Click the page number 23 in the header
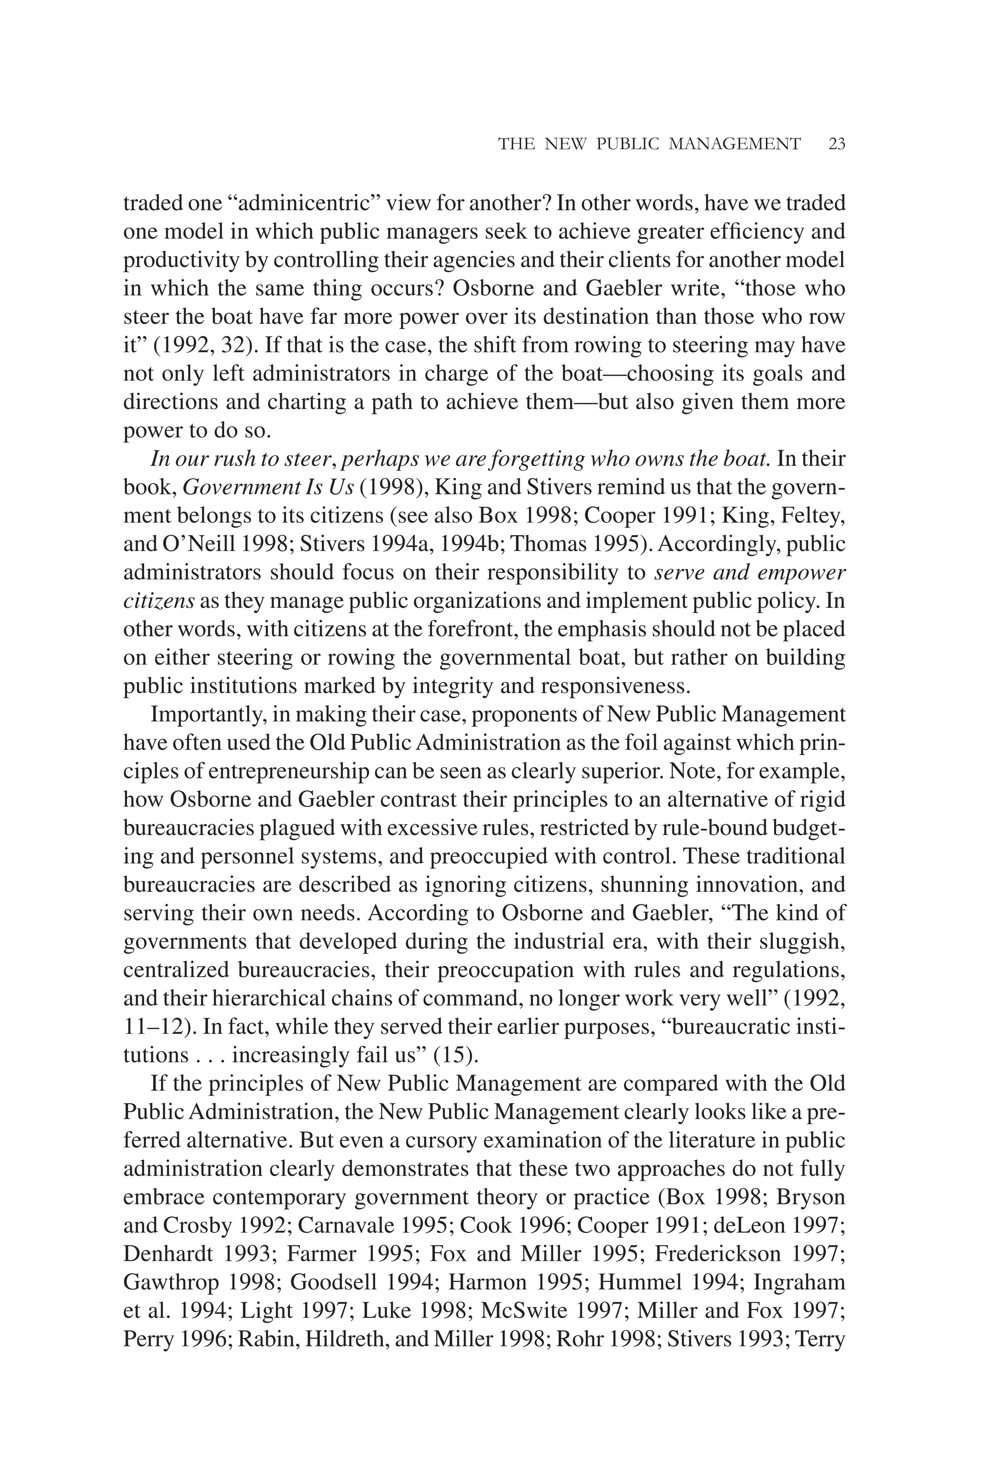pos(836,145)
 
